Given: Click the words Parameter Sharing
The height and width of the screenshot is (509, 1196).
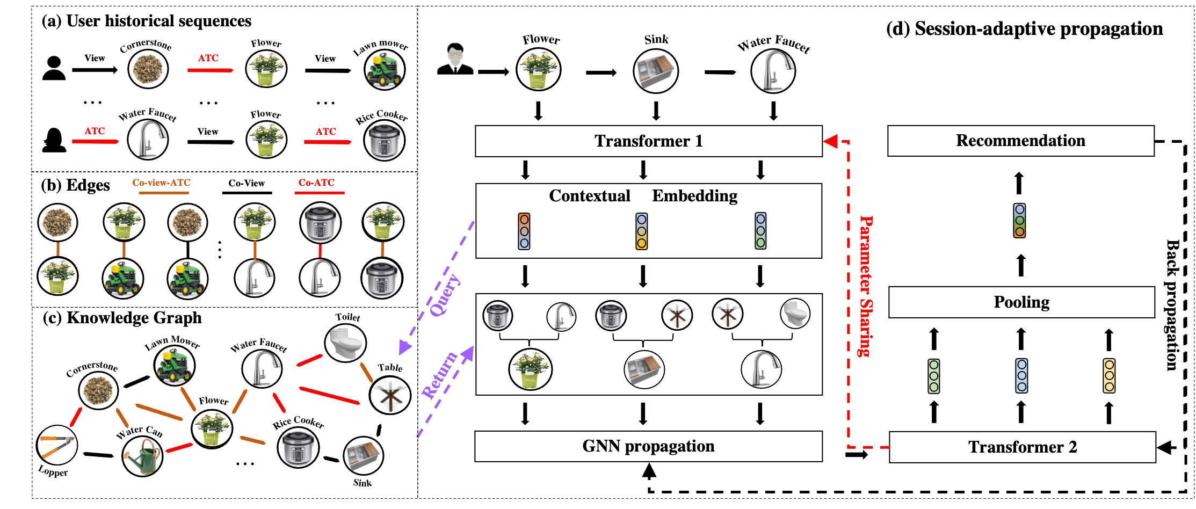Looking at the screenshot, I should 865,286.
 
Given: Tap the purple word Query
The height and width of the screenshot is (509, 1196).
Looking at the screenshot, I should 445,294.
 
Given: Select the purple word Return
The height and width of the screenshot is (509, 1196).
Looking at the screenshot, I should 439,375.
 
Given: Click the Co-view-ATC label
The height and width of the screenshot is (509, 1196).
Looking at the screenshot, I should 161,183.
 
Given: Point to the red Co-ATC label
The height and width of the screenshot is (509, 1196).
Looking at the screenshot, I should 316,183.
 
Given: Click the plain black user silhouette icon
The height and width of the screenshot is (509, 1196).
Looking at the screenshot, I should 54,68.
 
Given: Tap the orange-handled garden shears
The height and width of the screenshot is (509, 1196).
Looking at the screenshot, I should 57,445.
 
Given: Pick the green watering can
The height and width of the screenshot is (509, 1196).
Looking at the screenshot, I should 142,456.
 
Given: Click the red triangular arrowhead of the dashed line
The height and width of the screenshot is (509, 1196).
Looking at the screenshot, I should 831,141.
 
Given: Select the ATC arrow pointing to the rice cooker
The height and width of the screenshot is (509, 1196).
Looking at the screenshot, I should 328,142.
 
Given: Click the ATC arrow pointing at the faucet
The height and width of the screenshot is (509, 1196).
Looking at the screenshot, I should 96,141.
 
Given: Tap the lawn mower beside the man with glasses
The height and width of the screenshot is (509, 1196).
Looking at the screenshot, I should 385,70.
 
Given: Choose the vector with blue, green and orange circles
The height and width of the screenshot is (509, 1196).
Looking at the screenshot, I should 1019,220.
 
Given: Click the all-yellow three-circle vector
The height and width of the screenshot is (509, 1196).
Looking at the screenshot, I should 1109,376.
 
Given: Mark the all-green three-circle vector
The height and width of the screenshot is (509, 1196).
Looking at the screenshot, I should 934,376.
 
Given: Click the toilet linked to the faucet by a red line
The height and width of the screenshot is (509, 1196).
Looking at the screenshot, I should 345,343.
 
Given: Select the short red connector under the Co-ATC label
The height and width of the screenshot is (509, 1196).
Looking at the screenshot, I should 320,251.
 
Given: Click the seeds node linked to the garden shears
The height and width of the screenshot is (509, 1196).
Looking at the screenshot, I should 98,390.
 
